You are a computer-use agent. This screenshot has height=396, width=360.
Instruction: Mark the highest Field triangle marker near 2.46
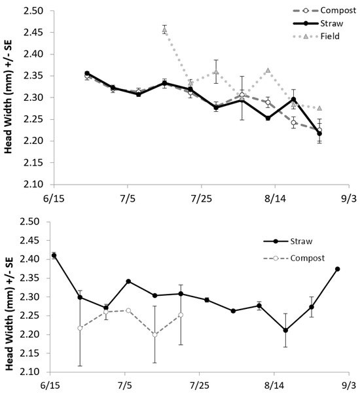pyautogui.click(x=164, y=29)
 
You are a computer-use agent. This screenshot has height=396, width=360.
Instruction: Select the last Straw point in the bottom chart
pyautogui.click(x=337, y=268)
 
